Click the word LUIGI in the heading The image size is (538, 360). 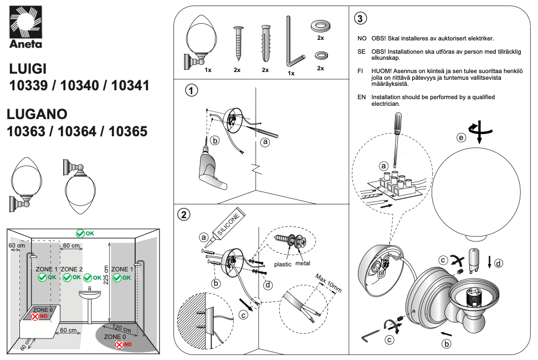(28, 68)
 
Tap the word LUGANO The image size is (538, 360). (37, 114)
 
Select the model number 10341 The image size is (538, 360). (130, 86)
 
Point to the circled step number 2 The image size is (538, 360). (184, 214)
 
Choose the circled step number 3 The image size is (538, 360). (360, 18)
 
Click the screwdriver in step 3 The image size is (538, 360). (396, 138)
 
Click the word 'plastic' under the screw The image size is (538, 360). (283, 264)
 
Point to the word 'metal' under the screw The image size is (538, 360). (303, 264)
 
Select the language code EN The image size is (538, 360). (362, 97)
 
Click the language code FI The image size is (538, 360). (360, 71)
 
